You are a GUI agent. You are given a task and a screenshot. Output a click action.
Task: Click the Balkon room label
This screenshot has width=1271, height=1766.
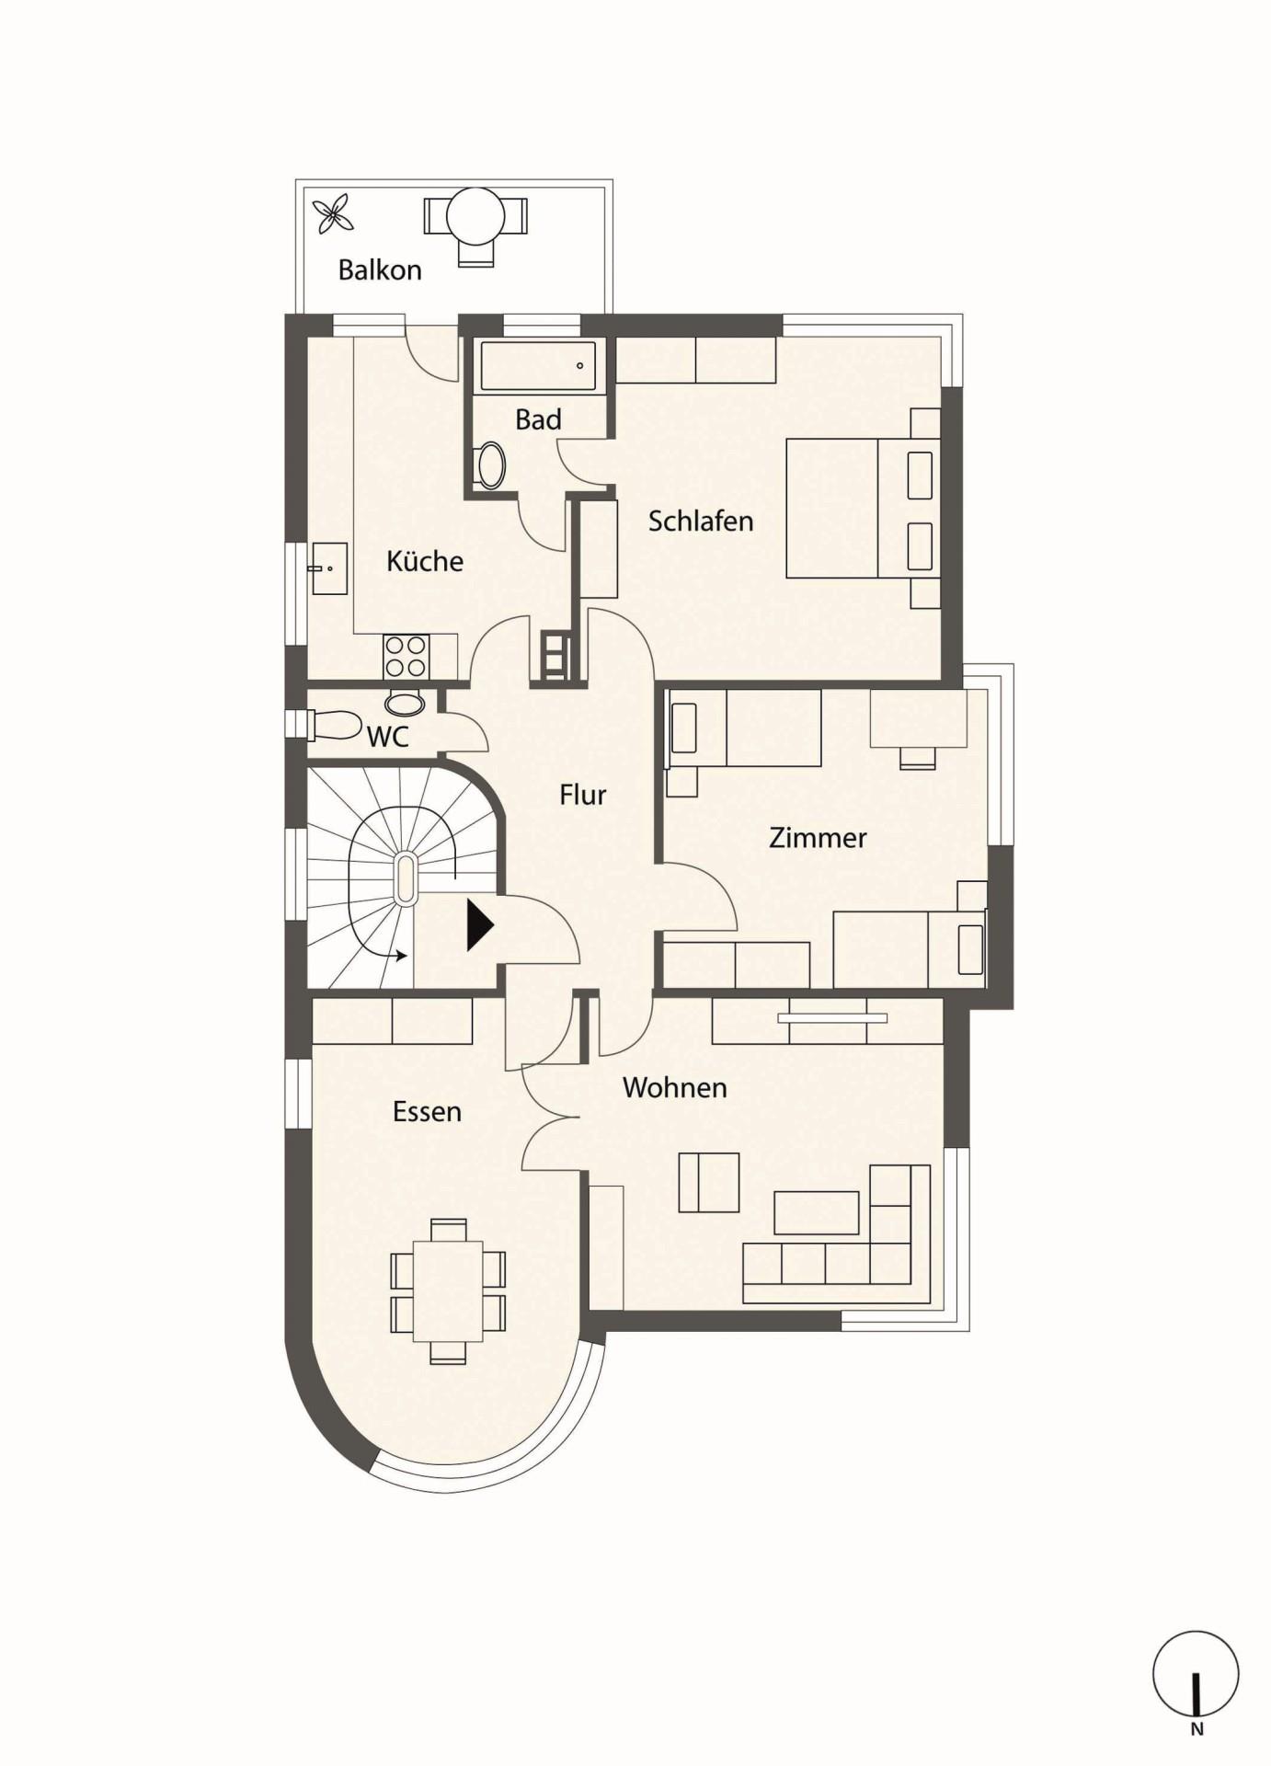click(x=380, y=270)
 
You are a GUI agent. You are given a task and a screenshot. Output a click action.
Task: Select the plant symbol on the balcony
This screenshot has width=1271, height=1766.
click(x=333, y=216)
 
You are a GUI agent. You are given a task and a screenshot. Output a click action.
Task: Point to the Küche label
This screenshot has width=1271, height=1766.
click(x=425, y=561)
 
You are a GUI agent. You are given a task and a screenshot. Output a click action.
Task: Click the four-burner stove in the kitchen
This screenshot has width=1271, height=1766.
click(x=406, y=657)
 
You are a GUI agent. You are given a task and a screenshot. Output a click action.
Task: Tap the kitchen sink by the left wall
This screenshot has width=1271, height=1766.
click(x=329, y=568)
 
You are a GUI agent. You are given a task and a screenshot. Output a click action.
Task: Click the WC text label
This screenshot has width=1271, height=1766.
click(x=387, y=737)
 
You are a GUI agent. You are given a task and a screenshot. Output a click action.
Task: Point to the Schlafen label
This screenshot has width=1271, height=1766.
click(x=701, y=522)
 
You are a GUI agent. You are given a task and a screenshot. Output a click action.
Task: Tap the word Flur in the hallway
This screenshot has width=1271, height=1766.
click(x=583, y=795)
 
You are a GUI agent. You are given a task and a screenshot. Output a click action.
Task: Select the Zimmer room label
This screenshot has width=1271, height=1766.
click(x=818, y=838)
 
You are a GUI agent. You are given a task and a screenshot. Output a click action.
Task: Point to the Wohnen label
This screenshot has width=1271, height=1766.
click(x=675, y=1088)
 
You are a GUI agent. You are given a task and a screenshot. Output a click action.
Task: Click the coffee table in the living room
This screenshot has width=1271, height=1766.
click(x=817, y=1212)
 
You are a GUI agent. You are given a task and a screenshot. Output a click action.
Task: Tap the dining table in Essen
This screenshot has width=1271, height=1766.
click(x=448, y=1290)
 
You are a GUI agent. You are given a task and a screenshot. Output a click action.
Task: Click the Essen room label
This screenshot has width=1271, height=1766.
click(x=427, y=1112)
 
